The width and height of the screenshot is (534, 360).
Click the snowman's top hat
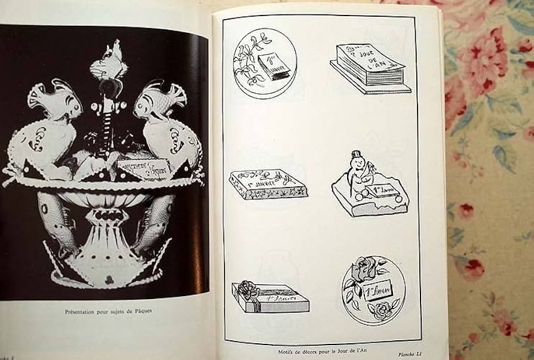point(357,153)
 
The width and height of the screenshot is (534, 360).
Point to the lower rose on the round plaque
point(378,309)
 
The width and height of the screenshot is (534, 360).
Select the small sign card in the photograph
point(144,168)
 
